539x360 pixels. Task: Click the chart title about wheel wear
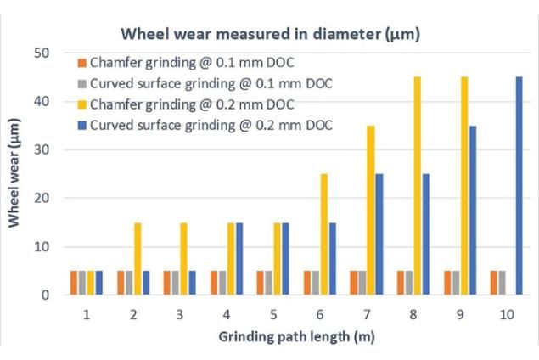[x=270, y=34]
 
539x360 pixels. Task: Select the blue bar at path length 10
[x=519, y=186]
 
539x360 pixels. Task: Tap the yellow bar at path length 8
[x=418, y=186]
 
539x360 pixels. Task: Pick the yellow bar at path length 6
[x=324, y=234]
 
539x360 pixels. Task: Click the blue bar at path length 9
[x=473, y=210]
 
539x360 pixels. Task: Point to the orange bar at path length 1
[x=74, y=283]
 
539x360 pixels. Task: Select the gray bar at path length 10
[x=503, y=283]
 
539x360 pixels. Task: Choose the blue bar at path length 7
[x=379, y=234]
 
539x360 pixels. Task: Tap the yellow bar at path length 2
[x=138, y=259]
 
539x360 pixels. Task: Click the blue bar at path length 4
[x=239, y=259]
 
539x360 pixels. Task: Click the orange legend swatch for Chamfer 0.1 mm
[x=82, y=64]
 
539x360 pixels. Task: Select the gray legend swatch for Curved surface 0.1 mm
[x=82, y=84]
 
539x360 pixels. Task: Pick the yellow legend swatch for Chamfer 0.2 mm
[x=82, y=104]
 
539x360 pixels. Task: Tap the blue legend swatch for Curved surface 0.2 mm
[x=82, y=126]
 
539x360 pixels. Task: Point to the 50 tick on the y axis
[x=42, y=53]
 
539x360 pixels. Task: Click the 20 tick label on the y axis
[x=42, y=199]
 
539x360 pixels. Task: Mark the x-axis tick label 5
[x=273, y=315]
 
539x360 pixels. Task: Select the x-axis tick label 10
[x=507, y=315]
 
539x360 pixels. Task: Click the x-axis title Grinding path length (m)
[x=296, y=336]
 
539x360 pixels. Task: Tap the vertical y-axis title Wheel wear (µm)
[x=14, y=173]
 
